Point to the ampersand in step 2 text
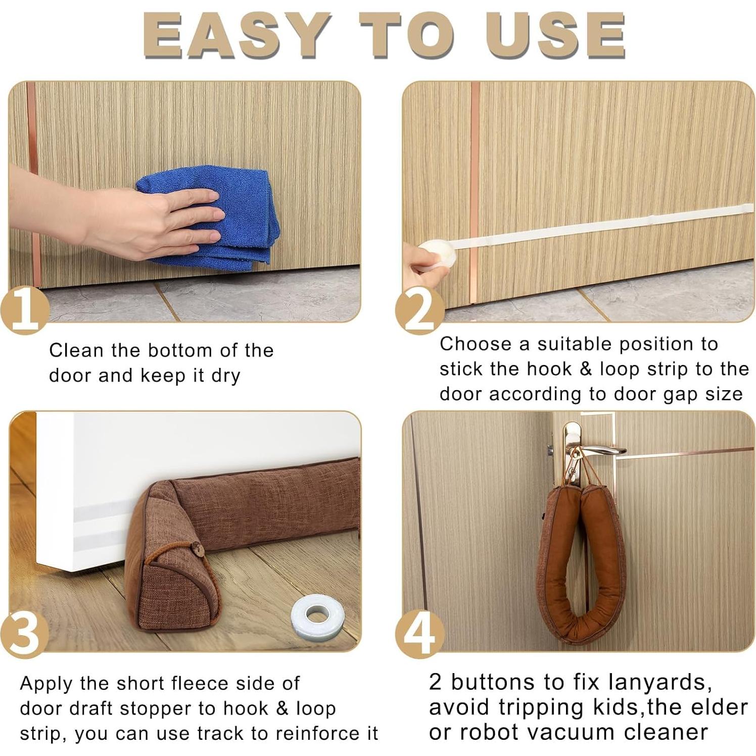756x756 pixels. pyautogui.click(x=586, y=369)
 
